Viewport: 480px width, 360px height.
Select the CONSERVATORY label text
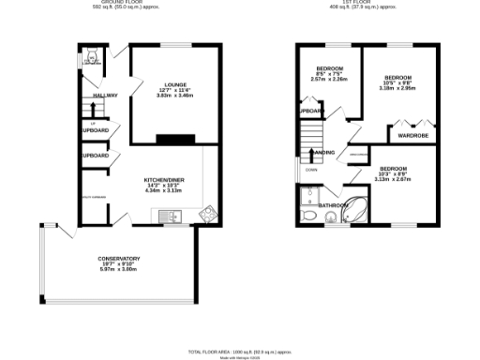pos(119,258)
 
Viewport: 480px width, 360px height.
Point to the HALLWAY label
pos(104,97)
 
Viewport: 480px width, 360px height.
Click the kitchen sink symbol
pos(170,217)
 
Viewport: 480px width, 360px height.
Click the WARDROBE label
pos(412,135)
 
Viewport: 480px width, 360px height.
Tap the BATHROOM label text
pos(333,204)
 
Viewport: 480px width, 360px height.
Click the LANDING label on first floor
pos(323,153)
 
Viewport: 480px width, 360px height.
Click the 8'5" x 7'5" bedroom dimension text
pos(329,73)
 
